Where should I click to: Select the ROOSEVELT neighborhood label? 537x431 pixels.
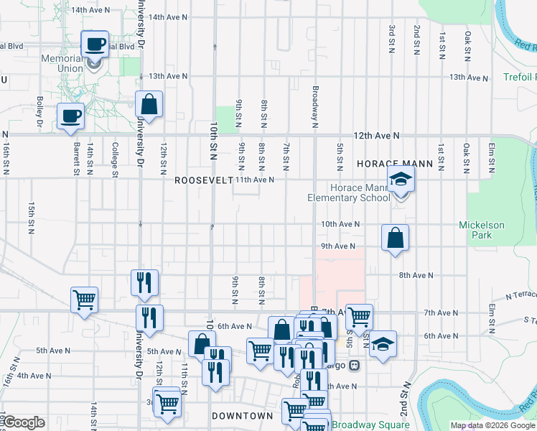click(204, 180)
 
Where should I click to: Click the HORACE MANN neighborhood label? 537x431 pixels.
click(395, 164)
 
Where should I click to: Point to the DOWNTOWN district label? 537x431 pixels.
click(243, 416)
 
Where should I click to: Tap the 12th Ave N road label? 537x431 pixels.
click(375, 135)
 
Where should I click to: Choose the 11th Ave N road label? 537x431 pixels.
click(256, 180)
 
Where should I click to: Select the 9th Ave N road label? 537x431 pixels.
click(338, 246)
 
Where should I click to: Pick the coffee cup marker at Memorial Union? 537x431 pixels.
click(95, 45)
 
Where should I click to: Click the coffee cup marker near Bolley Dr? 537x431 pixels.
click(70, 116)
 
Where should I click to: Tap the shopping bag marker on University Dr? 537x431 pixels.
click(149, 105)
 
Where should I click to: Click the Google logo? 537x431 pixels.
click(24, 422)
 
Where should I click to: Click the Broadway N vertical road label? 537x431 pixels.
click(314, 108)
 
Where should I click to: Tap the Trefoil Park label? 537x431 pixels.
click(518, 77)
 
